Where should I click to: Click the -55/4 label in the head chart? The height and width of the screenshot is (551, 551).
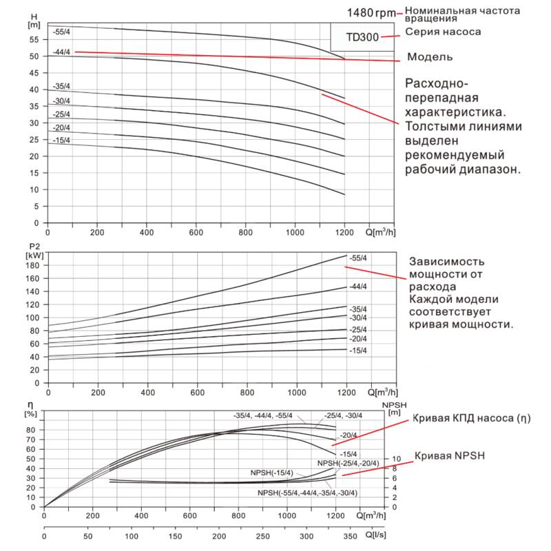tap(61, 32)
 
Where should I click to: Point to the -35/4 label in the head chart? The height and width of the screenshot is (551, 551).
tap(61, 87)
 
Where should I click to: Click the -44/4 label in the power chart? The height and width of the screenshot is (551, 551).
tap(358, 287)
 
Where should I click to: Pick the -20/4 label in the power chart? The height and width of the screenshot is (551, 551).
tap(358, 339)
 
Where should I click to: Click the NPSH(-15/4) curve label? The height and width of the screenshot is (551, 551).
tap(272, 473)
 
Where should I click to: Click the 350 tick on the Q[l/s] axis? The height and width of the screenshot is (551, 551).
tap(351, 535)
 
